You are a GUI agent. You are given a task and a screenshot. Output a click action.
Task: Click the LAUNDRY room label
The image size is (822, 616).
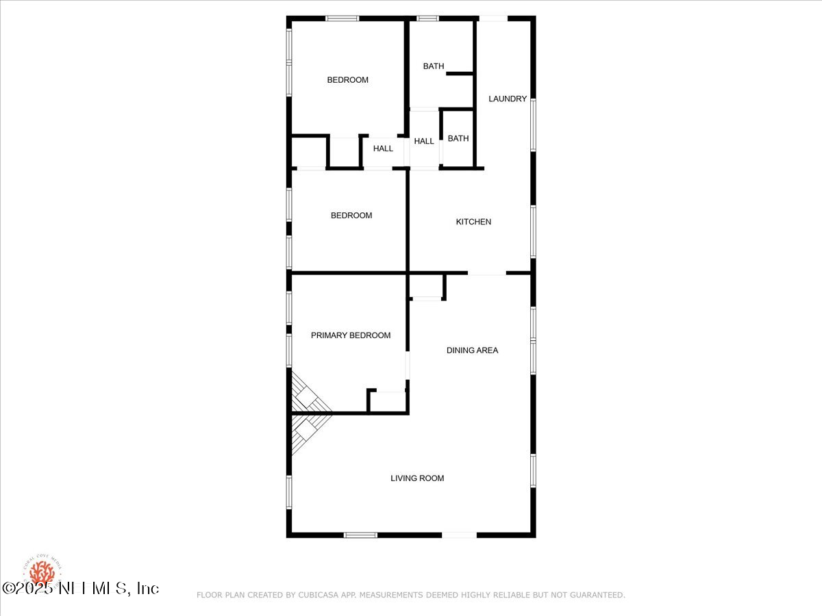pos(508,99)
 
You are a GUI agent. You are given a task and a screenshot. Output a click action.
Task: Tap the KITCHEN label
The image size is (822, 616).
pos(473,222)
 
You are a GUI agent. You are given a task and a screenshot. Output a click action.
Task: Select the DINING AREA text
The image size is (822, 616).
pos(472,350)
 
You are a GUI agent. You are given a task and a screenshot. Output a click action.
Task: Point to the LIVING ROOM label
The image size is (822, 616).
pos(417,478)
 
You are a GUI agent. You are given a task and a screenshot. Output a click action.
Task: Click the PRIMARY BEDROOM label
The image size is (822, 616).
pos(351,335)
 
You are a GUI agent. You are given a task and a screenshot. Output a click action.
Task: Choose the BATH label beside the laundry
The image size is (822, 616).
pos(458,138)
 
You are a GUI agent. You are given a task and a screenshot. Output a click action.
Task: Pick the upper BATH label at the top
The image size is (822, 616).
pos(434,66)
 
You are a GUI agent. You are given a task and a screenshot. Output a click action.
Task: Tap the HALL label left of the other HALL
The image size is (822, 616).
pos(383,149)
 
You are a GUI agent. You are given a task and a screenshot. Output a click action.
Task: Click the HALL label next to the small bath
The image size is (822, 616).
pos(424,141)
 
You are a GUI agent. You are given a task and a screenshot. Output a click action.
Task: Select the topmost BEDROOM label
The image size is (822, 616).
pos(347,80)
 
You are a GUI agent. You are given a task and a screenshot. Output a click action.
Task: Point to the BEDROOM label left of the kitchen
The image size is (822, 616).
pos(351,216)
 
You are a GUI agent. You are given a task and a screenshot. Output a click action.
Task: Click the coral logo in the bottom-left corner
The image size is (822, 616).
pos(42,573)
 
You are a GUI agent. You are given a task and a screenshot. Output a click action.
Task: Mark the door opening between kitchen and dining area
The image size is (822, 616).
pos(487,274)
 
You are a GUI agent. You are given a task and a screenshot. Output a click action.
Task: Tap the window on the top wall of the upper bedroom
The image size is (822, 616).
pos(342,18)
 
